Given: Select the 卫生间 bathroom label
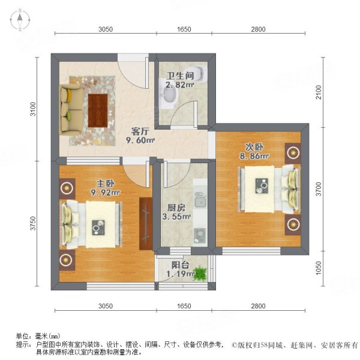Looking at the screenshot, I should point(179,76).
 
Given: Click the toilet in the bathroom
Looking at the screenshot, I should point(202,74).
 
